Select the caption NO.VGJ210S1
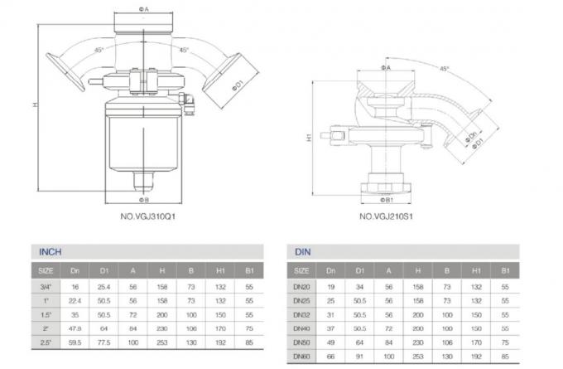pyautogui.click(x=385, y=218)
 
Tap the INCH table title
pyautogui.click(x=51, y=252)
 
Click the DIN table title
pyautogui.click(x=302, y=252)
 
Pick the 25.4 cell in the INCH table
pyautogui.click(x=104, y=286)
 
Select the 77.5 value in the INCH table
pyautogui.click(x=104, y=340)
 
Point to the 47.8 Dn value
pyautogui.click(x=75, y=327)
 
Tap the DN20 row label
pyautogui.click(x=302, y=286)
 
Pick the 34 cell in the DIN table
pyautogui.click(x=359, y=286)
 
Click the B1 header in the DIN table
pyautogui.click(x=505, y=271)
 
